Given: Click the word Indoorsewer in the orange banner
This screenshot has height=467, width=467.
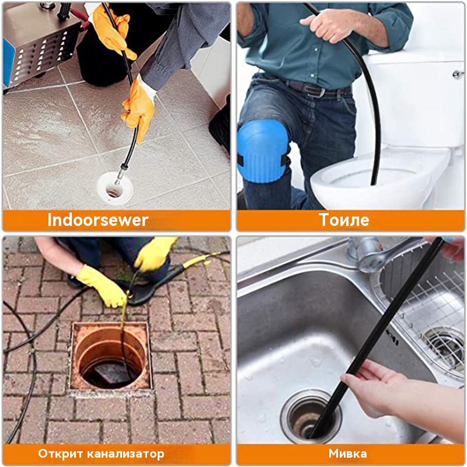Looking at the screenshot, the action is tap(97, 220).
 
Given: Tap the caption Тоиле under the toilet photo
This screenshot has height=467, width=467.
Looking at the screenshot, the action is tap(344, 220).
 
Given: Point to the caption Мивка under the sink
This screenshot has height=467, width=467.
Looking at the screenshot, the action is tap(347, 454).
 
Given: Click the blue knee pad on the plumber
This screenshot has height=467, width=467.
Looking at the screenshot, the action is tap(262, 151).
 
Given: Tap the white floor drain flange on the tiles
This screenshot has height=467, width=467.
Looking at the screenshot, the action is tap(114, 189).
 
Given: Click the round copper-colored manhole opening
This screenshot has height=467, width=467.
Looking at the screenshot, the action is tap(110, 356).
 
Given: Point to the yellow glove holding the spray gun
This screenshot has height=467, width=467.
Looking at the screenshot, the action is tap(155, 253).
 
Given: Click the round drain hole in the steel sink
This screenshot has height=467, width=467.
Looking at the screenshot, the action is tap(311, 416).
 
